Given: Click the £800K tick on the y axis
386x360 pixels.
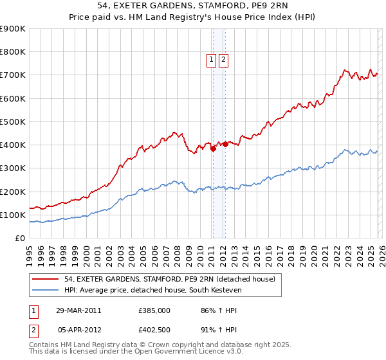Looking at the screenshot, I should click(13, 52).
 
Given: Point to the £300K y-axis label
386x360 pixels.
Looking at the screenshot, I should click(13, 168).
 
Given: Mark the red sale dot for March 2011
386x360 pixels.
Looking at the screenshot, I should click(212, 148).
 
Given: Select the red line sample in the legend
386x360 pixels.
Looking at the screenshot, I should click(47, 279).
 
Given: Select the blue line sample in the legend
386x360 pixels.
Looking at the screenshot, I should click(47, 290).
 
